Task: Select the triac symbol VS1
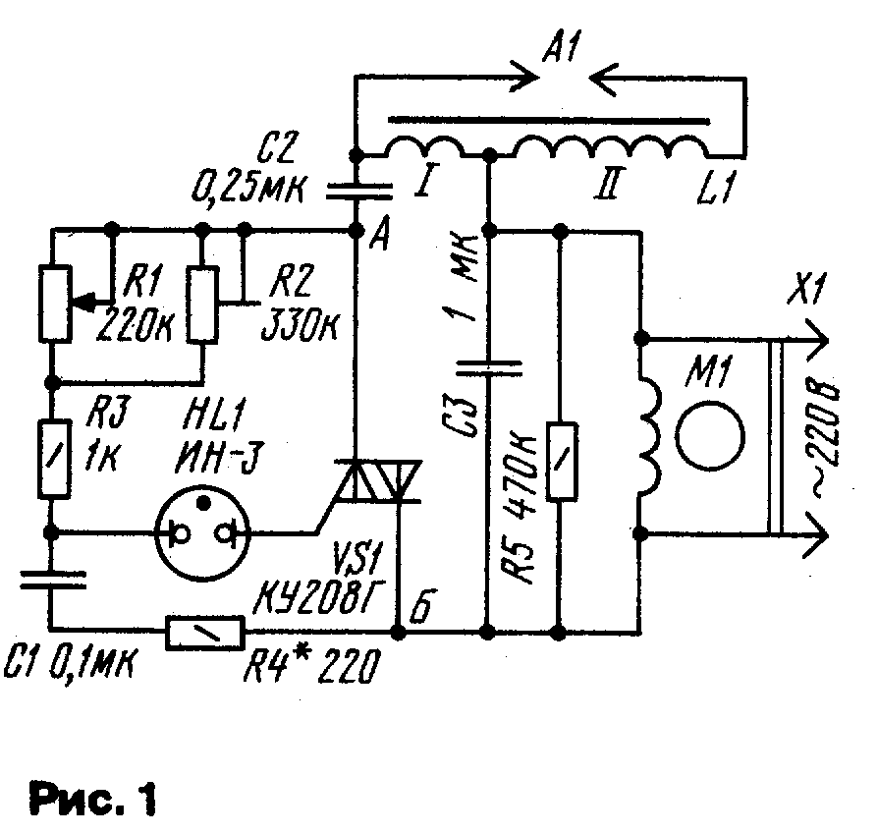tap(377, 480)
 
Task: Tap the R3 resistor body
tap(54, 460)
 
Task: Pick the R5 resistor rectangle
tap(562, 461)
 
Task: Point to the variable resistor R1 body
tap(55, 304)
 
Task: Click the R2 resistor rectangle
tap(202, 304)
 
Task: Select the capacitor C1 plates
tap(53, 580)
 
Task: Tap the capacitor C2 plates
tap(359, 193)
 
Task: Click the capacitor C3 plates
tap(489, 367)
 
